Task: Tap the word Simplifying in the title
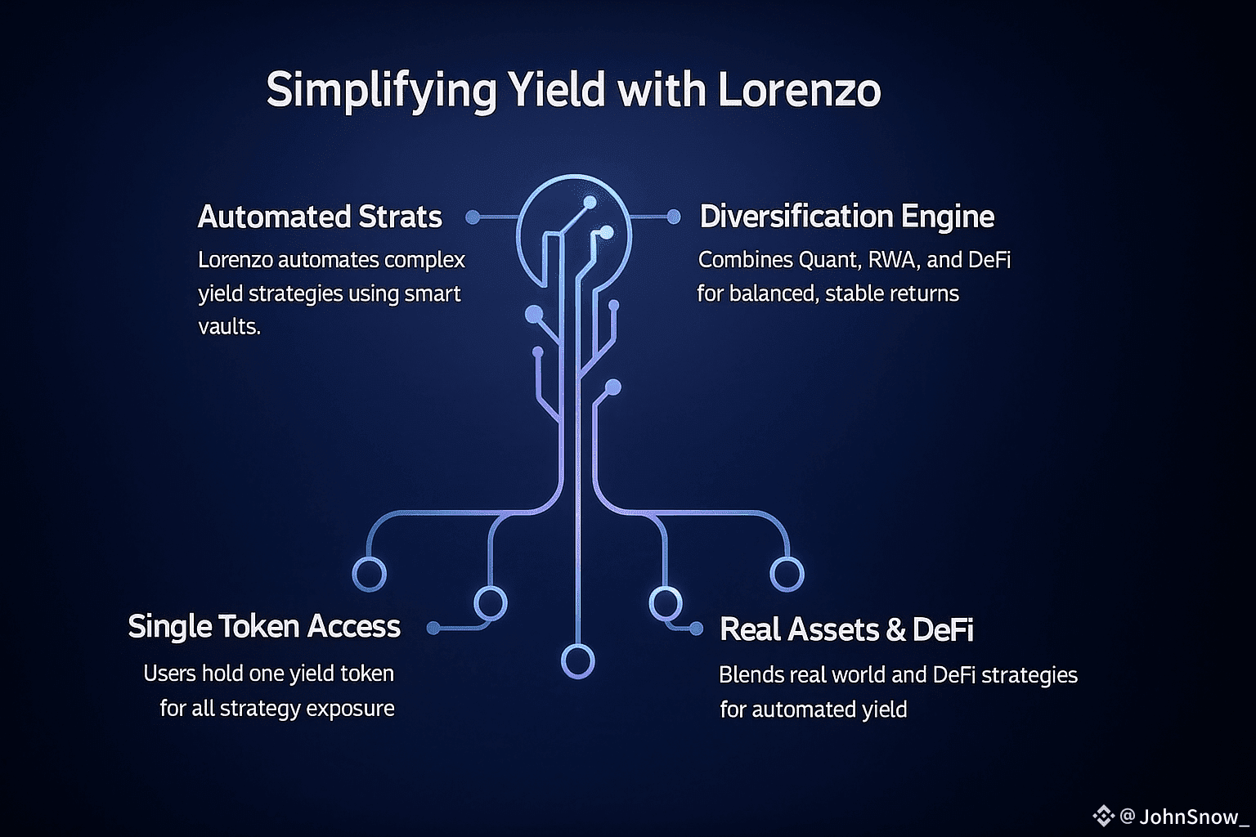381,90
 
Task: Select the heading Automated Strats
320,217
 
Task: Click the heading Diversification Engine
847,217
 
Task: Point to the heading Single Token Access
264,627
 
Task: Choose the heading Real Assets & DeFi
846,629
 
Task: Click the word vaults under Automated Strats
229,327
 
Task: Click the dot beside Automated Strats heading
473,217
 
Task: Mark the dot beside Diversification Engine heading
673,217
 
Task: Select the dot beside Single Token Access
433,628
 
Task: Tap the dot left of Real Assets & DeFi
696,629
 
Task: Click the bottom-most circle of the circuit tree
578,661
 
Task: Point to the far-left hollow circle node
369,574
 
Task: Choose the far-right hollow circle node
787,574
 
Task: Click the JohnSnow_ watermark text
1193,816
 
